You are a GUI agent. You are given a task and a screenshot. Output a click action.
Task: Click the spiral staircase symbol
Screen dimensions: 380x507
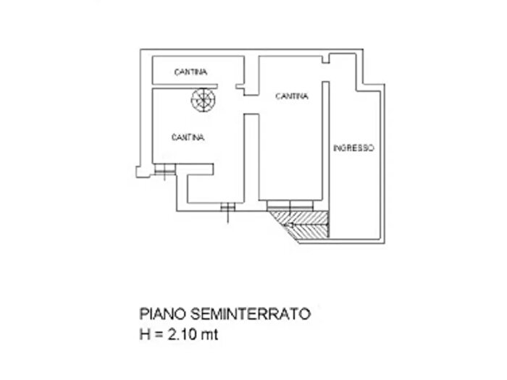[x=204, y=101]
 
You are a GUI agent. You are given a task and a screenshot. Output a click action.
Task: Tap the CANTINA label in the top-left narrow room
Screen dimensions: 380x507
[x=190, y=72]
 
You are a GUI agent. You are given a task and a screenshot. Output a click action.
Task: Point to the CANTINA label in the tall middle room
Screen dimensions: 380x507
[x=292, y=96]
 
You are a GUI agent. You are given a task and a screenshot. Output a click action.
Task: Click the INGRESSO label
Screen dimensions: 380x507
[x=353, y=148]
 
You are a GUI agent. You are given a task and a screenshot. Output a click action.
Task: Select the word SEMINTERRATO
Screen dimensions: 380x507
[x=253, y=314]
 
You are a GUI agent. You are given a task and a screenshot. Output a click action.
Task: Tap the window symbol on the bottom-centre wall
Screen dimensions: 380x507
[x=227, y=208]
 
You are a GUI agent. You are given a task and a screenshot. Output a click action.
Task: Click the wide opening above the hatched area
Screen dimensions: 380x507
[x=293, y=205]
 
